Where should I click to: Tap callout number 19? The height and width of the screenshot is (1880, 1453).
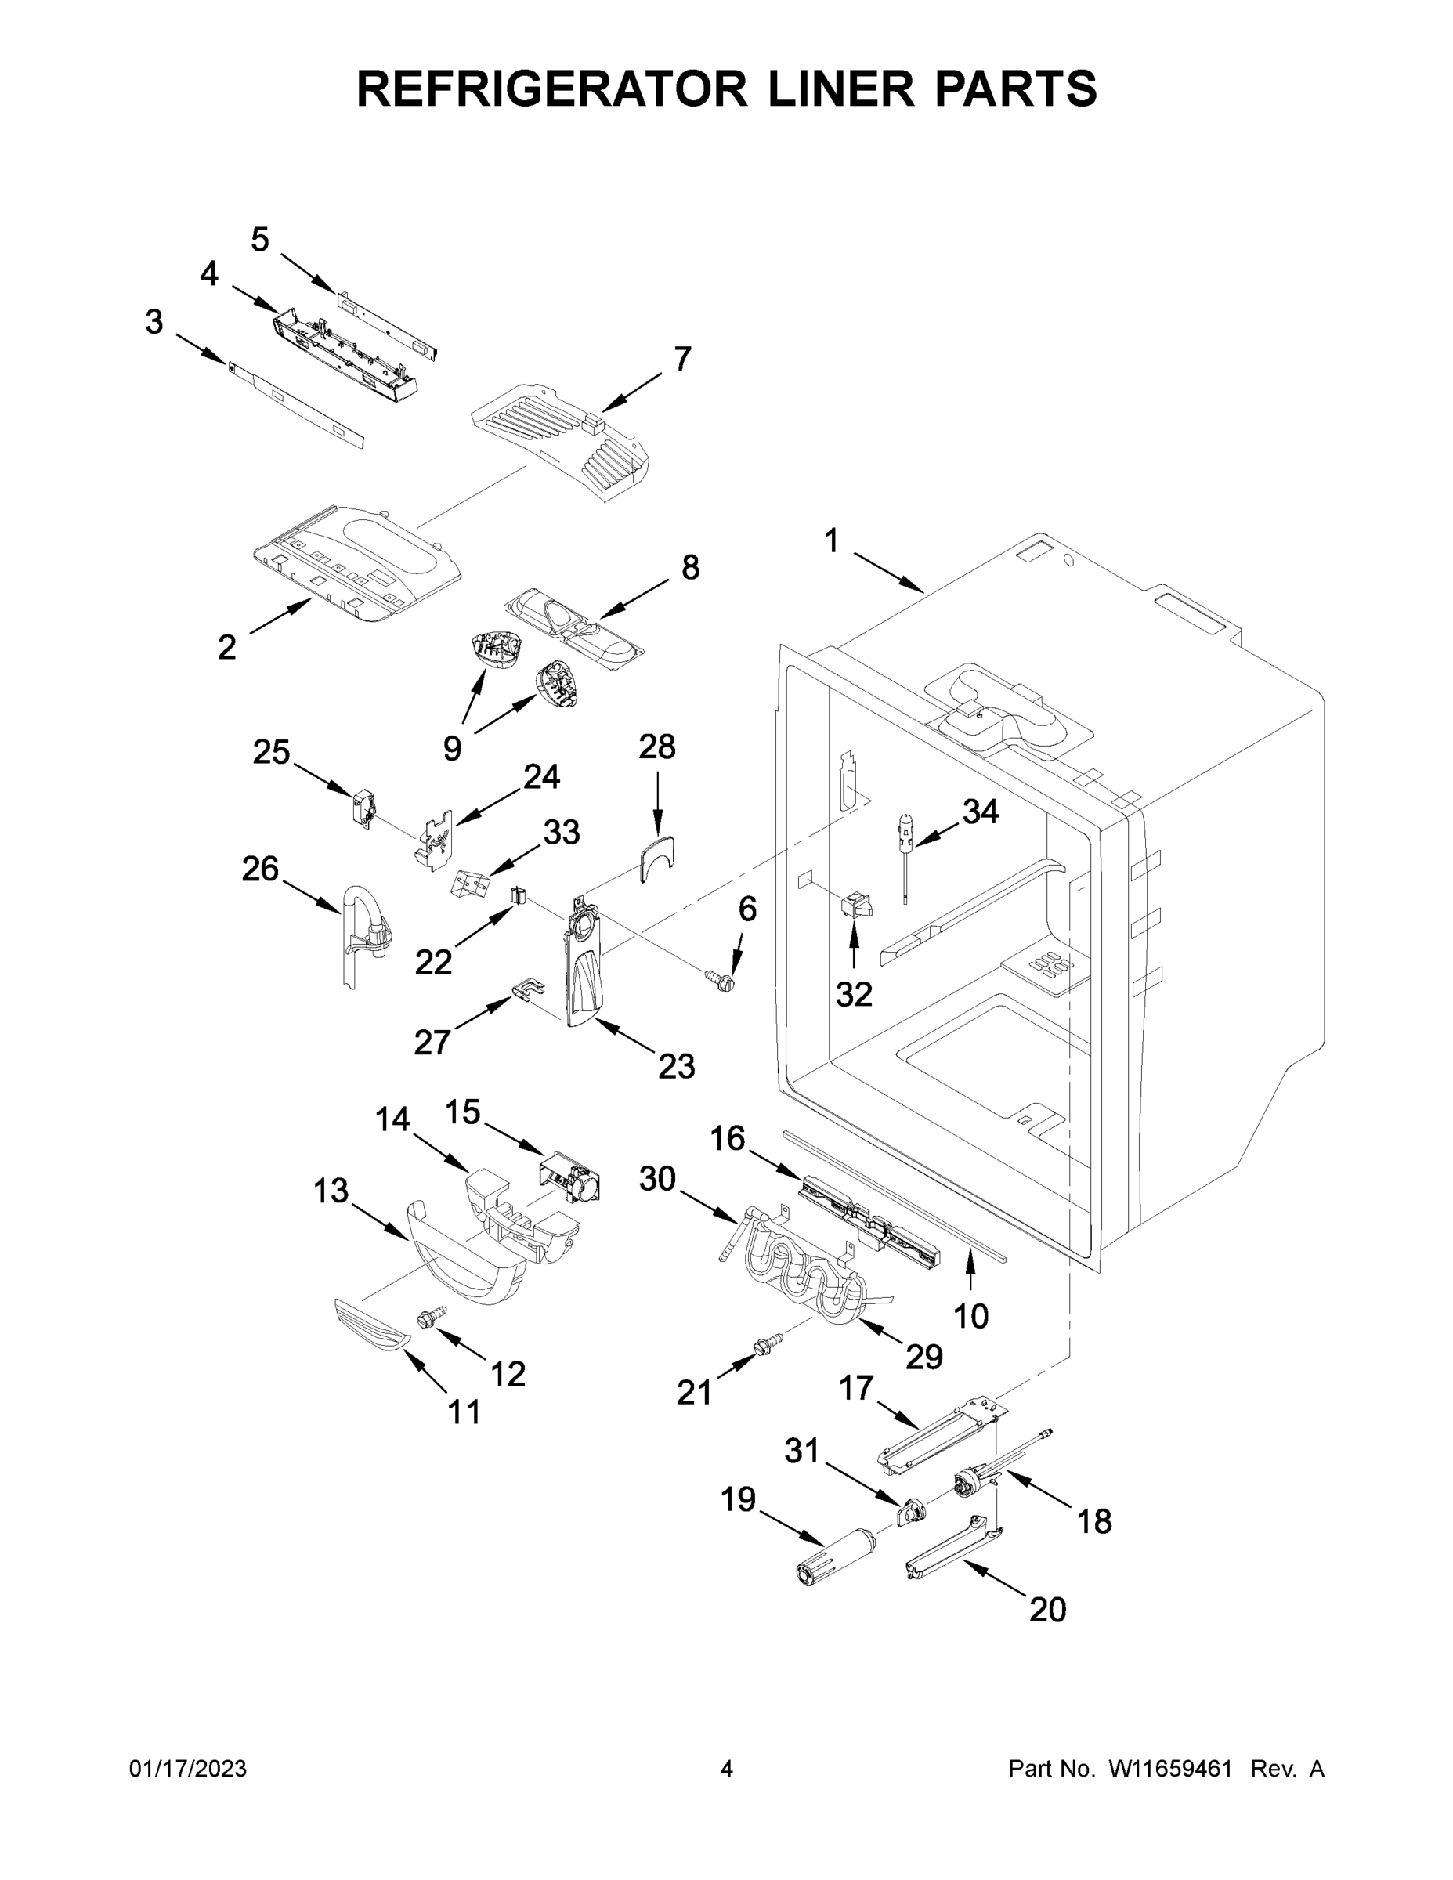coord(738,1499)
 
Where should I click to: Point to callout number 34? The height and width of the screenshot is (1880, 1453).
coord(981,811)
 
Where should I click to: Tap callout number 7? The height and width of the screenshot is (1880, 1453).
coord(681,359)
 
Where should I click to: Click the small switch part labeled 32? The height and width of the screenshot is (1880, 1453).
coord(856,906)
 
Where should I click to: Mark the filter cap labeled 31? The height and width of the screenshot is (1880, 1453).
coord(913,1511)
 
